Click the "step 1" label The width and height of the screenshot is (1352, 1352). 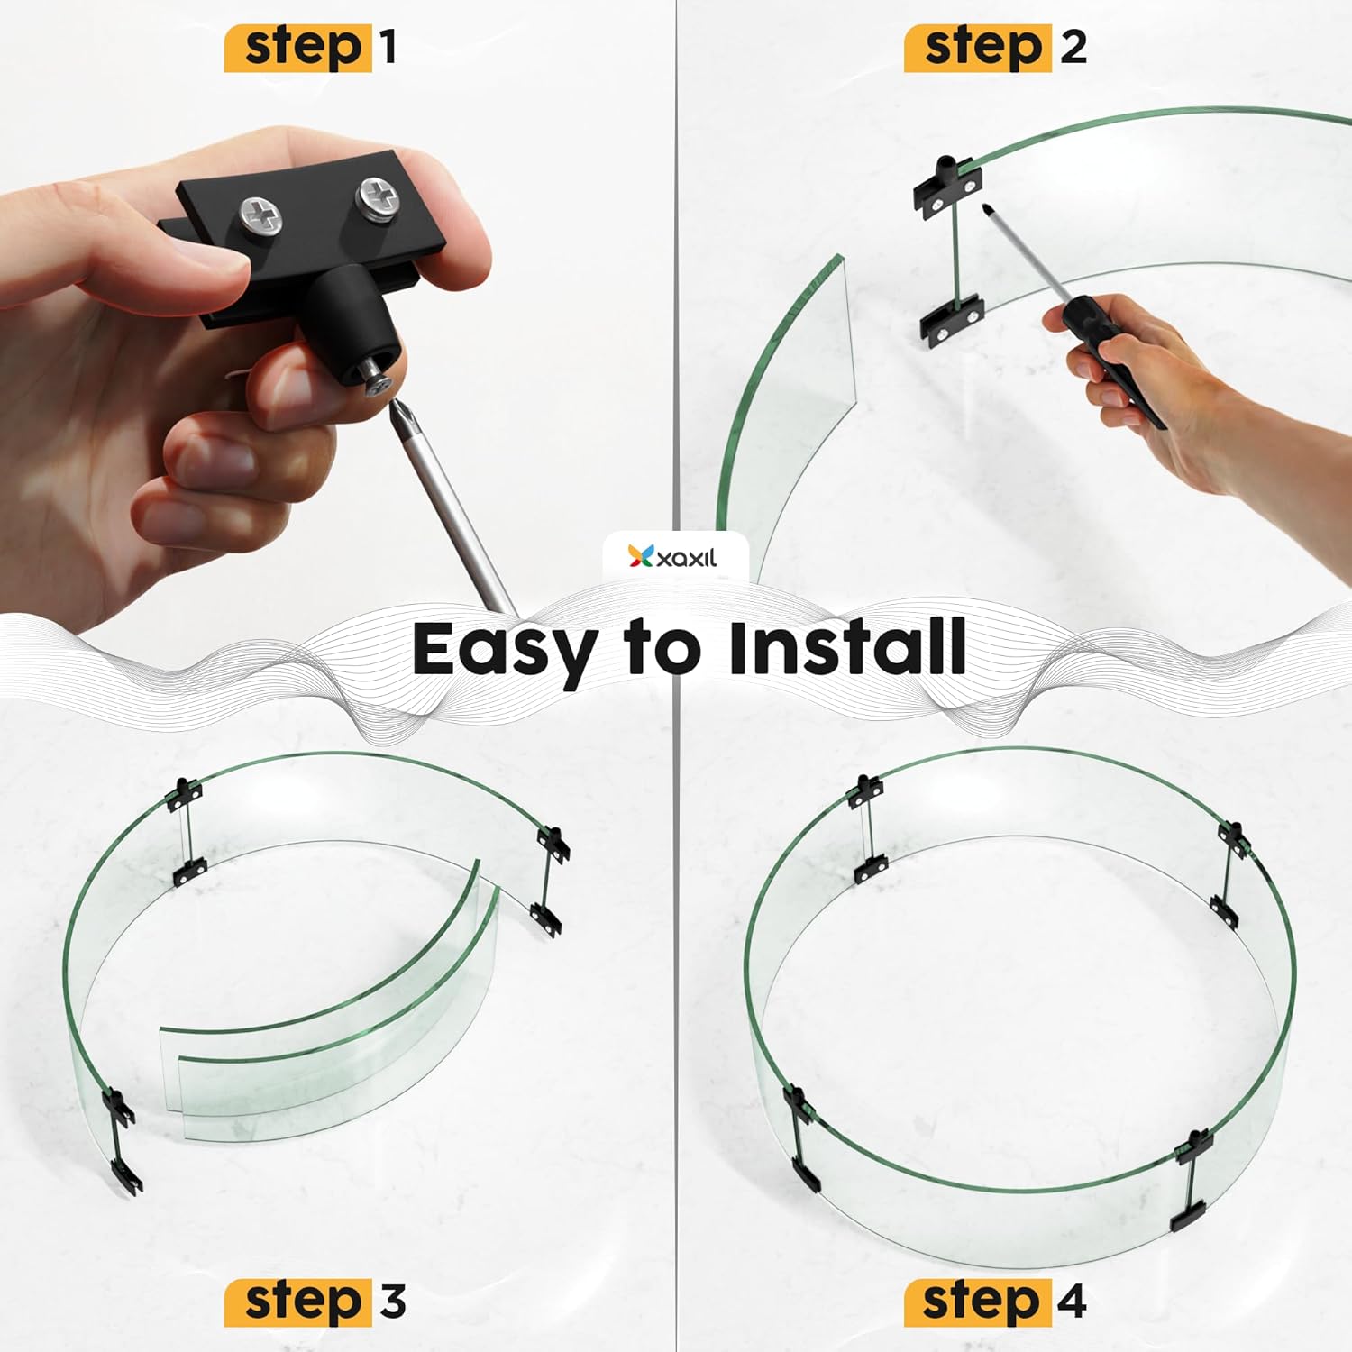pos(310,48)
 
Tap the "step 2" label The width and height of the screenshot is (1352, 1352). pos(996,48)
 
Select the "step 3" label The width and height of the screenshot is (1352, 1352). pos(315,1302)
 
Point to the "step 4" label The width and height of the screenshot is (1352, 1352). pos(995,1302)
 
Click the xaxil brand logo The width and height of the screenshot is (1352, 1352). pos(673,557)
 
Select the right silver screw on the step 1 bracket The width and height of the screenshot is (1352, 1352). pos(377,195)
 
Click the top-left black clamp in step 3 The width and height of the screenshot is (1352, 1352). pos(185,793)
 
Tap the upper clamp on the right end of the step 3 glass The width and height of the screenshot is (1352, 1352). pos(553,845)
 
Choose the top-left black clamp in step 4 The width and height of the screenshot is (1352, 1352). pos(866,790)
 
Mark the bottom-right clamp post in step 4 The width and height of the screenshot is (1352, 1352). pos(1192,1182)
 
